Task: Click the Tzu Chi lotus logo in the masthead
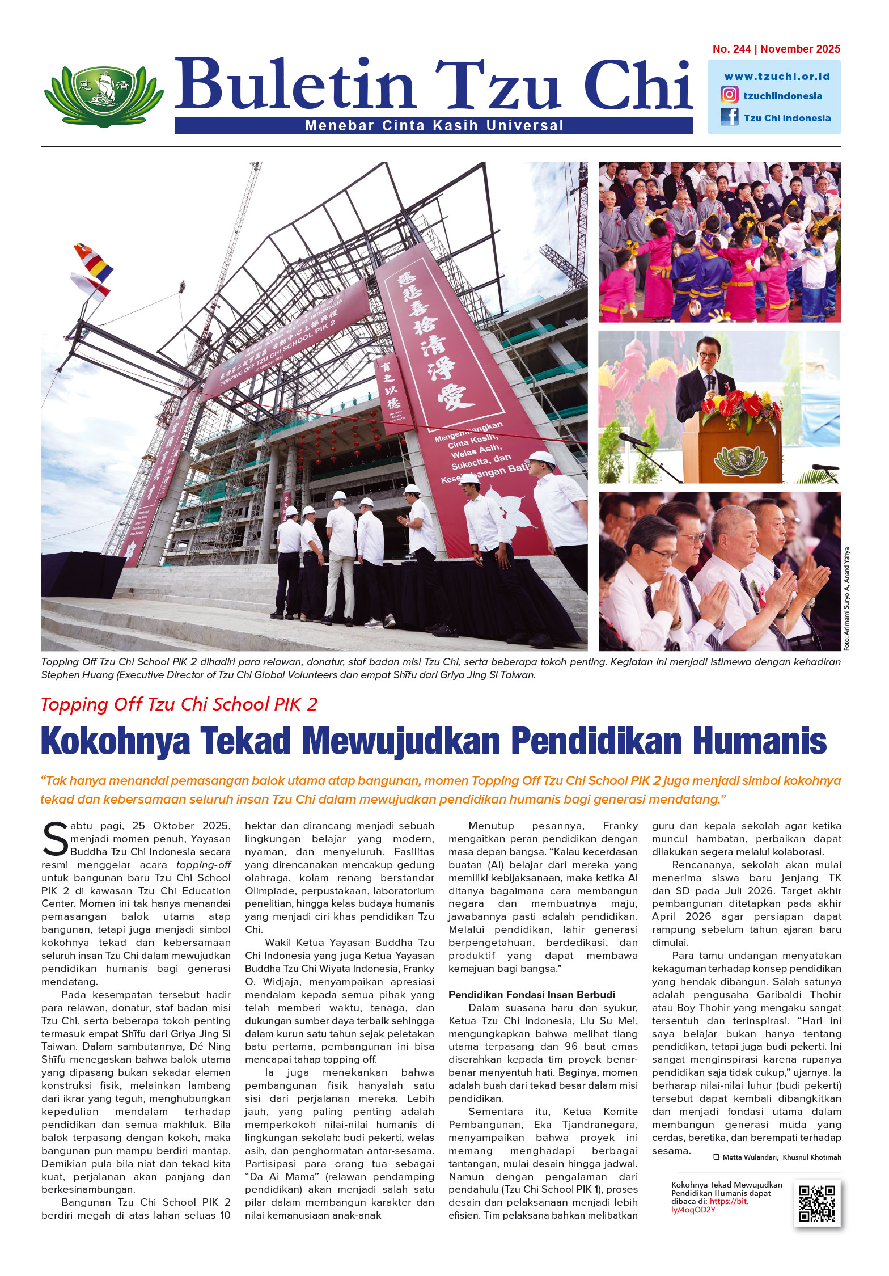click(104, 95)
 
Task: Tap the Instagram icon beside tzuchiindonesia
click(729, 95)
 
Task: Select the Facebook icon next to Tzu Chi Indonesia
click(729, 117)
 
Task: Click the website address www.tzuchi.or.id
click(777, 76)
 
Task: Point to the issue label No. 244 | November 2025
click(776, 49)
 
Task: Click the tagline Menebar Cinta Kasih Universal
click(434, 125)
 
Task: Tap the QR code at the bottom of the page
click(816, 1203)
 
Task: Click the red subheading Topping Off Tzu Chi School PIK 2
click(179, 704)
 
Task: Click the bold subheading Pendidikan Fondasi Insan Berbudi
click(531, 995)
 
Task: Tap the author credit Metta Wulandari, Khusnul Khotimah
click(781, 1157)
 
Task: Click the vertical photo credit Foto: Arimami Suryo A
click(846, 598)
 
